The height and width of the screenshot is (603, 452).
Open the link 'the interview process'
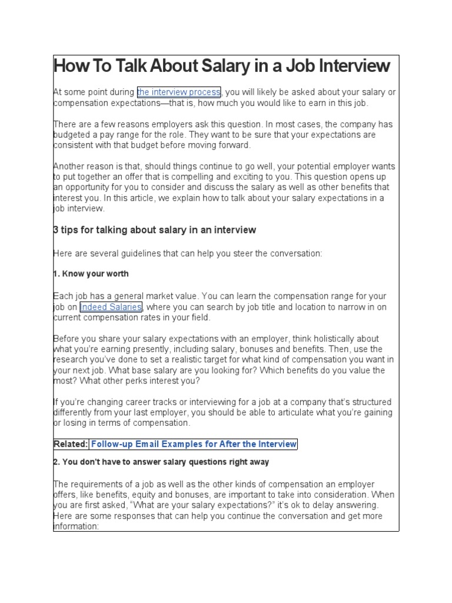[x=178, y=92]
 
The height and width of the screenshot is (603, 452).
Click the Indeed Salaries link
[x=111, y=307]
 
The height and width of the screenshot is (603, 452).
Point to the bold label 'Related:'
[x=71, y=444]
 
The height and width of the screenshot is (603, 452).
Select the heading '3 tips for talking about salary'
[x=155, y=230]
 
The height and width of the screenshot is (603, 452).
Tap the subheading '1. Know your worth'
[x=91, y=274]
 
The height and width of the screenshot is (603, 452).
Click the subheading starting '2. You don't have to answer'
[x=161, y=462]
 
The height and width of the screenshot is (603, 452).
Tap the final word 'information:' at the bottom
[x=76, y=526]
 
